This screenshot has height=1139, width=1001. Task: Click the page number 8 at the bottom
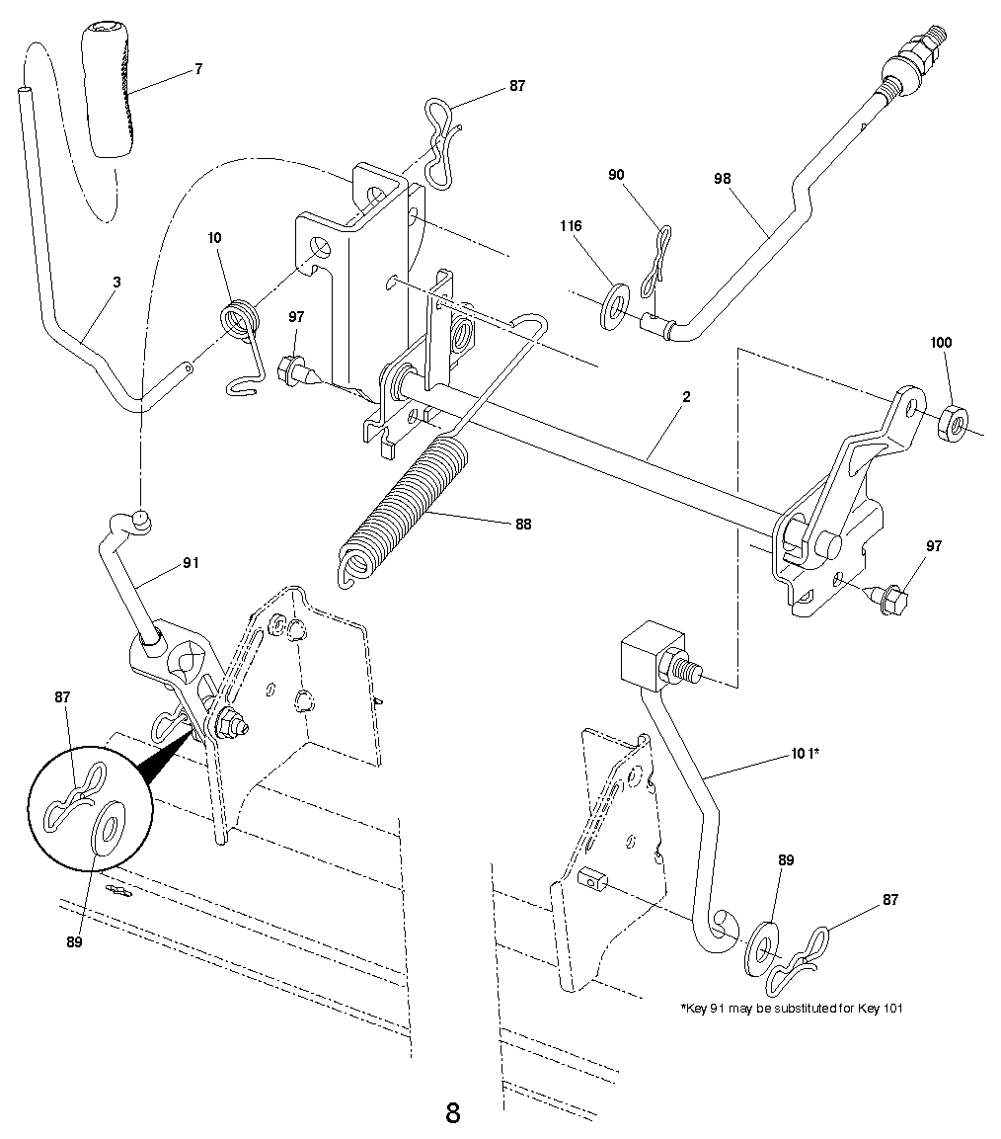(453, 1113)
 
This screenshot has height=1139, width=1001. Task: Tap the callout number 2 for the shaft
(686, 397)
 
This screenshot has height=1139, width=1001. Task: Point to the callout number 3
(116, 283)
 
